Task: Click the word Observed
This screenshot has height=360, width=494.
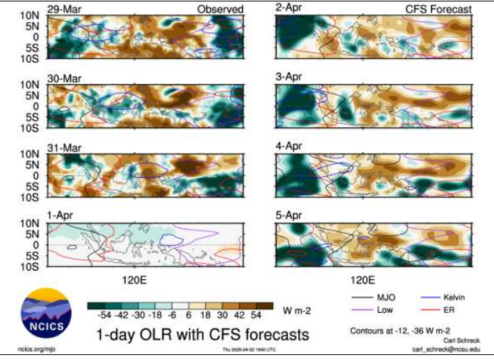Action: point(221,9)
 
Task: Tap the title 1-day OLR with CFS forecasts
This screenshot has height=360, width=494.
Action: point(202,334)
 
